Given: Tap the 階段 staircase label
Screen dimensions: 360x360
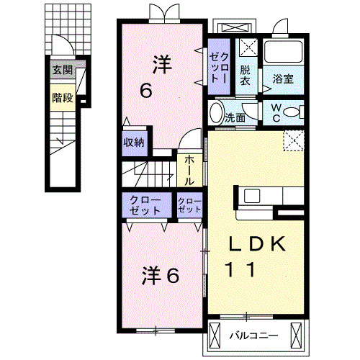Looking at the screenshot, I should coord(62,97).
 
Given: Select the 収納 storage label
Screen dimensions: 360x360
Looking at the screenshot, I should coord(134,142).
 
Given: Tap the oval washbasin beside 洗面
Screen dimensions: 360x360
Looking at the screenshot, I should coord(217,113).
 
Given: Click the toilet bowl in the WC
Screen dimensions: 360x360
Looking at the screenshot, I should coord(292,112).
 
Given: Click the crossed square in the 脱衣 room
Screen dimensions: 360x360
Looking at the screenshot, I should coord(248,48).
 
